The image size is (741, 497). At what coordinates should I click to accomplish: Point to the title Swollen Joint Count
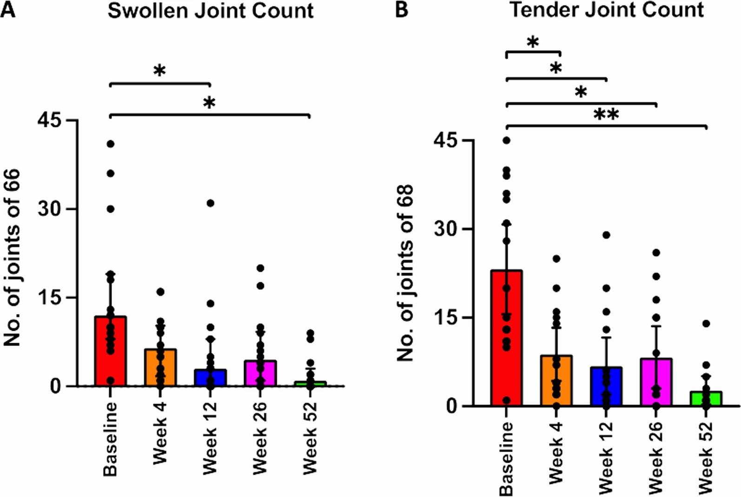click(x=211, y=11)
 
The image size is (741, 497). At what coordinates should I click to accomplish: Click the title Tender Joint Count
click(x=607, y=10)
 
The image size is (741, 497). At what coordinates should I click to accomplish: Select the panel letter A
click(x=8, y=9)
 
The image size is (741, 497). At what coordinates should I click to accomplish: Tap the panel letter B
click(x=402, y=9)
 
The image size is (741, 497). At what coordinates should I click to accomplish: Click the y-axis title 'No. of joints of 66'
click(x=12, y=258)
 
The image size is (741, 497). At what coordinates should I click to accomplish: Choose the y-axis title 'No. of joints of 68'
click(x=405, y=273)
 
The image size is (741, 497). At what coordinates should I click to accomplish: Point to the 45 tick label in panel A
click(x=49, y=120)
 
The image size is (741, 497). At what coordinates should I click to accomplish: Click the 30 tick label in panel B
click(x=446, y=229)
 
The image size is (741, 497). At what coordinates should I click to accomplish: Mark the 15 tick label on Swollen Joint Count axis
click(x=49, y=298)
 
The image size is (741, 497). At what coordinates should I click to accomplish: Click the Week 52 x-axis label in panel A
click(x=310, y=438)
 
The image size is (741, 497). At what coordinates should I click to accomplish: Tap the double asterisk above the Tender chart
click(x=606, y=114)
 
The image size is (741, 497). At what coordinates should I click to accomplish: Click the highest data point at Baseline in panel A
click(x=111, y=144)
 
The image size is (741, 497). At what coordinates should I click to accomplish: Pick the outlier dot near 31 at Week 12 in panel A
click(x=210, y=203)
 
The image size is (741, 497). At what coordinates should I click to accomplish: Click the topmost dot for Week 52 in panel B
click(x=706, y=324)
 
